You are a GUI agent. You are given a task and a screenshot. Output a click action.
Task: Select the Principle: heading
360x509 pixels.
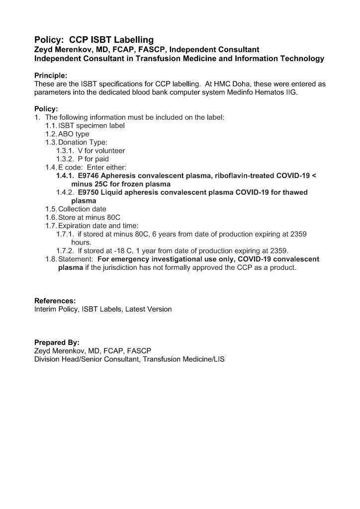point(51,76)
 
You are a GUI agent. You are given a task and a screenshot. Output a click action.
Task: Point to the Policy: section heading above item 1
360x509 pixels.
point(46,109)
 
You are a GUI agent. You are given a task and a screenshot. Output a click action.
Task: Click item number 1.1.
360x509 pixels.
point(51,126)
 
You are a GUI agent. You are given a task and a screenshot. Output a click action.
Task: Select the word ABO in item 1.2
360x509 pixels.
point(66,134)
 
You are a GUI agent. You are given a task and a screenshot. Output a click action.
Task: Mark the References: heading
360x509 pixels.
point(55,301)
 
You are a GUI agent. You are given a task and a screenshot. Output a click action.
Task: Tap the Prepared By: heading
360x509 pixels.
point(57,342)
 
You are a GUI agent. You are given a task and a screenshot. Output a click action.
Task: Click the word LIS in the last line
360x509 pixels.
point(219,359)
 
